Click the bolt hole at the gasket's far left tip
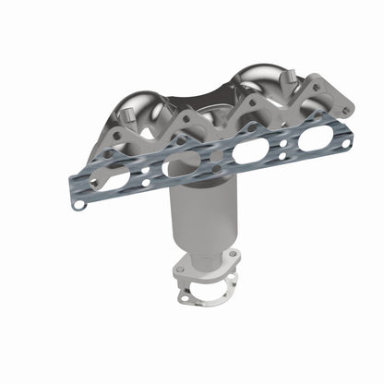(79, 204)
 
